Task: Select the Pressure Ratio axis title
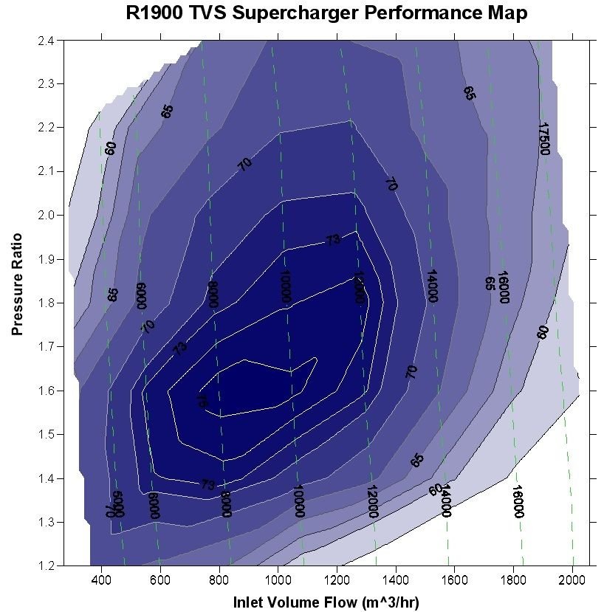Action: pos(18,284)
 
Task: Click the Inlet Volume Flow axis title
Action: pos(326,602)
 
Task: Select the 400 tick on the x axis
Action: pos(101,580)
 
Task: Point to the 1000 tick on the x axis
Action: pos(278,580)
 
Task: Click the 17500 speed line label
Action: pos(545,139)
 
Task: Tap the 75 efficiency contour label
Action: pos(202,401)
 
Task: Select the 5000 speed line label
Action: pos(118,504)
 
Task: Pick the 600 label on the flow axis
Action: pos(160,580)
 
